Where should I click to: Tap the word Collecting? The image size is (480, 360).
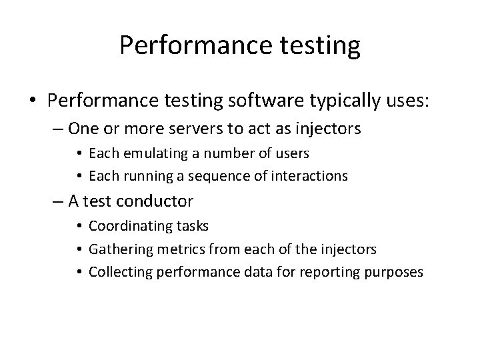point(115,273)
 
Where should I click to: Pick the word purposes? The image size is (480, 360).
point(393,273)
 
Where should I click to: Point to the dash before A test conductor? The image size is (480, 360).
point(56,201)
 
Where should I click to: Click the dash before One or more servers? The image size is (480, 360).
point(56,127)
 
